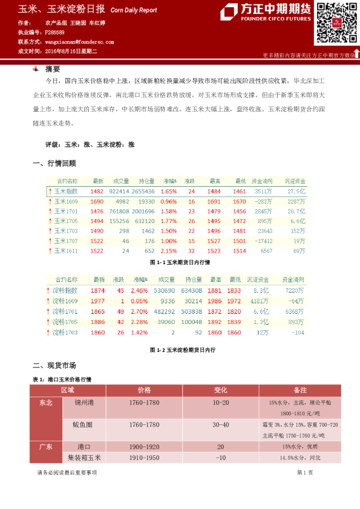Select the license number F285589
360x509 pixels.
[x=55, y=32]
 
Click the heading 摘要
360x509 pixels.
[x=53, y=68]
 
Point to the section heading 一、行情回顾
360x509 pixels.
[x=54, y=163]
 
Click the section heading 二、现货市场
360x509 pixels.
[x=54, y=366]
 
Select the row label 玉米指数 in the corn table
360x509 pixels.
[x=66, y=191]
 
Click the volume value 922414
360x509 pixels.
[x=119, y=191]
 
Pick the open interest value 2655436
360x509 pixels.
[x=147, y=191]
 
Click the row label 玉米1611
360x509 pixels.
[x=66, y=250]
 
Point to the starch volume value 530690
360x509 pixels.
[x=164, y=291]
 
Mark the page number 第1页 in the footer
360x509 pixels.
[x=305, y=472]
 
